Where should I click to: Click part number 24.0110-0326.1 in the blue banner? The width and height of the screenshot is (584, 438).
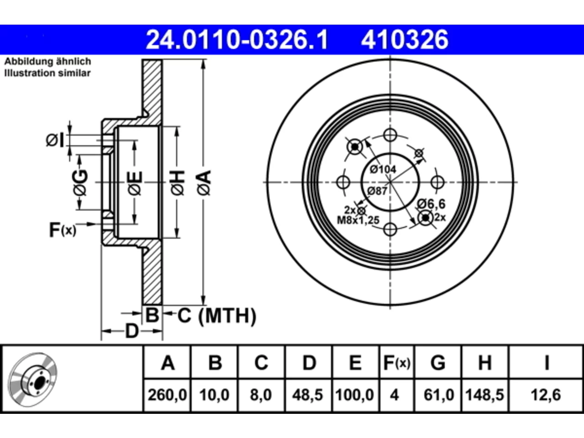click(x=237, y=40)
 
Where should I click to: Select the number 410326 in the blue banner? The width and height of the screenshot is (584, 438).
click(x=405, y=40)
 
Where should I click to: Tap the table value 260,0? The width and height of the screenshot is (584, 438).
click(x=167, y=395)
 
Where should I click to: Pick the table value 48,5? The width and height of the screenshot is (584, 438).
click(x=308, y=395)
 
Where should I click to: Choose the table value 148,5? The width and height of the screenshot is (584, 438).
click(x=485, y=395)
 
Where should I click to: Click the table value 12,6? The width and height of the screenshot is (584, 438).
click(x=546, y=395)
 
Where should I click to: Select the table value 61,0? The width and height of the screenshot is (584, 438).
click(x=439, y=395)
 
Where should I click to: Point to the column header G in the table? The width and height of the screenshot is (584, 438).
click(x=438, y=362)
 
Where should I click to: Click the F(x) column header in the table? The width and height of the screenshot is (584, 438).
click(x=396, y=362)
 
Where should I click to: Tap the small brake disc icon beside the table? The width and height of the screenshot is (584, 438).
click(x=32, y=380)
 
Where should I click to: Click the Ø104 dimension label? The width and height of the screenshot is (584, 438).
click(x=383, y=169)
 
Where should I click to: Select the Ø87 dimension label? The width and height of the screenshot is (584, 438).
click(x=377, y=191)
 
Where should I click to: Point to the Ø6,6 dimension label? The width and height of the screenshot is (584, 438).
click(x=431, y=204)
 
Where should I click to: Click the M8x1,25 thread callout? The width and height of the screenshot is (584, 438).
click(x=358, y=220)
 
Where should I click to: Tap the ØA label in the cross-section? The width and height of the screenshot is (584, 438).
click(x=204, y=183)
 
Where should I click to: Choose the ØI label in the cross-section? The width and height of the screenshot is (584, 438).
click(x=55, y=140)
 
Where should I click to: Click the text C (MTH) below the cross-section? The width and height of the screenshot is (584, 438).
click(x=217, y=316)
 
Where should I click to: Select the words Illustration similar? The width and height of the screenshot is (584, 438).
click(x=47, y=73)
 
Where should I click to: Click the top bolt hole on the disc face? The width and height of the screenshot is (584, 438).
click(x=390, y=135)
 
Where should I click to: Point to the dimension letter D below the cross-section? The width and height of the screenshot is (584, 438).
click(x=132, y=331)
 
